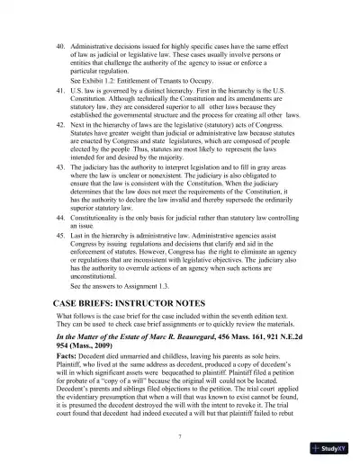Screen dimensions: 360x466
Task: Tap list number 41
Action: point(61,91)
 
